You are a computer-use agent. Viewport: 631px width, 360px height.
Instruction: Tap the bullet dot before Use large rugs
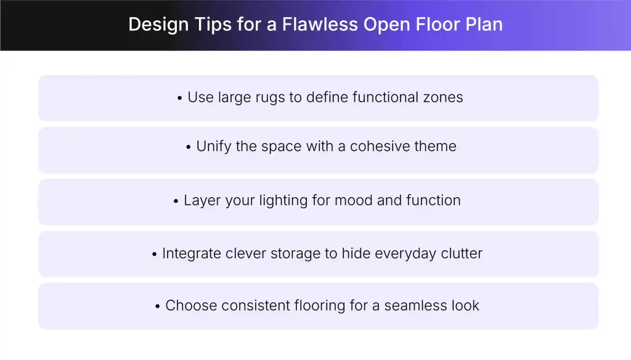179,98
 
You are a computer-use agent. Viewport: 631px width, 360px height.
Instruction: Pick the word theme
435,147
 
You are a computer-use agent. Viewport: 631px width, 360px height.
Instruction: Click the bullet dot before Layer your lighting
176,202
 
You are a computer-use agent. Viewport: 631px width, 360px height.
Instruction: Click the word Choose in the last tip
186,305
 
